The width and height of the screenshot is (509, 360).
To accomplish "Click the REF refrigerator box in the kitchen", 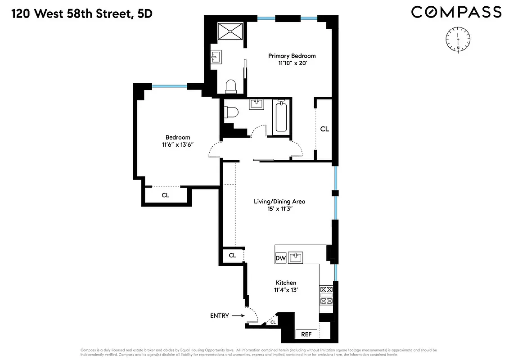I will (x=306, y=334).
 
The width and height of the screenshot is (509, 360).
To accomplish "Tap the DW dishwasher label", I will (x=280, y=258).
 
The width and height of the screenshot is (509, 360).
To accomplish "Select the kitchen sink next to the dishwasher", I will (x=296, y=257).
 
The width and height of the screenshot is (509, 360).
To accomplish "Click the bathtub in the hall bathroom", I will (x=281, y=117).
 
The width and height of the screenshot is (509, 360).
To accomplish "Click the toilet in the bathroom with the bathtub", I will (x=230, y=112).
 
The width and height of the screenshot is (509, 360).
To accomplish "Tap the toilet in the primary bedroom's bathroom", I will (x=230, y=86).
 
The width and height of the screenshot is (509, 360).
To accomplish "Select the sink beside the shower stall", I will (x=215, y=58).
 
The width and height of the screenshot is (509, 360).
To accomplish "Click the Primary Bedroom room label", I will (x=292, y=56).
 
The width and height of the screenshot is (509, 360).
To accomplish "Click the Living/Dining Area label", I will (x=279, y=201).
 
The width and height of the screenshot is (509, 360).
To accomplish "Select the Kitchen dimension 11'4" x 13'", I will (x=286, y=290).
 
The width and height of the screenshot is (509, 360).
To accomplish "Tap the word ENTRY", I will (x=220, y=316).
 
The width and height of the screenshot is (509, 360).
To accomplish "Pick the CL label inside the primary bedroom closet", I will (x=324, y=129).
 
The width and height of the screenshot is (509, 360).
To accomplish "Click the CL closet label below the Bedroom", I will (x=165, y=195).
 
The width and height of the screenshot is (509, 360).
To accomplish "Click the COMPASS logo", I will (x=456, y=12).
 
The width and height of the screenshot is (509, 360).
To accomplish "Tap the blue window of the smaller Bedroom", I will (x=170, y=86).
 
